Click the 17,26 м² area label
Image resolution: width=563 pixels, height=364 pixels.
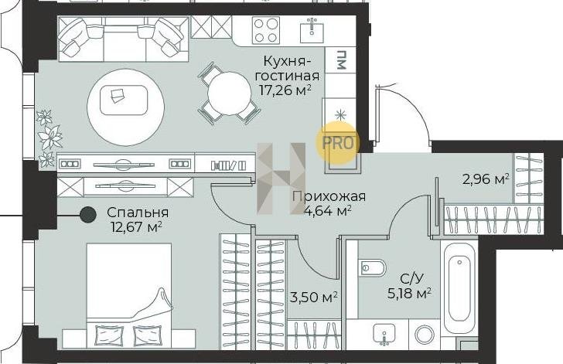(285, 90)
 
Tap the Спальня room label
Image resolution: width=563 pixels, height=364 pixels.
(138, 213)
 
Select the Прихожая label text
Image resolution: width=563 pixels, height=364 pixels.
(329, 197)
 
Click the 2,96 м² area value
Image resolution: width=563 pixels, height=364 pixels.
(486, 179)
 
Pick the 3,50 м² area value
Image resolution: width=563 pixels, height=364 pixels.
(314, 297)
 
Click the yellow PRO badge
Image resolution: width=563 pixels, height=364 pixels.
(337, 143)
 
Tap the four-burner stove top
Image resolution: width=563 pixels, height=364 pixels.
(266, 30)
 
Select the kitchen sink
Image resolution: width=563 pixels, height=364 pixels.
(312, 30)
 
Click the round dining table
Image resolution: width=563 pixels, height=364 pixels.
(229, 94)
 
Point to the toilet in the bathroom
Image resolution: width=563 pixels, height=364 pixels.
(372, 268)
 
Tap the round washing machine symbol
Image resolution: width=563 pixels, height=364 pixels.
(425, 335)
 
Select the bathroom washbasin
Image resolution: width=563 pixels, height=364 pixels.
(384, 334)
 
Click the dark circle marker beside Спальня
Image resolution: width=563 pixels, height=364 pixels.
(88, 215)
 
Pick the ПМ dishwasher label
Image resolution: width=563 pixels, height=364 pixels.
(341, 60)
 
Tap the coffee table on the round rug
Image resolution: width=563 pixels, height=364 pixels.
(124, 100)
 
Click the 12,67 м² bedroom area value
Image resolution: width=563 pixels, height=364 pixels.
(137, 227)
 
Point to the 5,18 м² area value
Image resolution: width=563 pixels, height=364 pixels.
(409, 293)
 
